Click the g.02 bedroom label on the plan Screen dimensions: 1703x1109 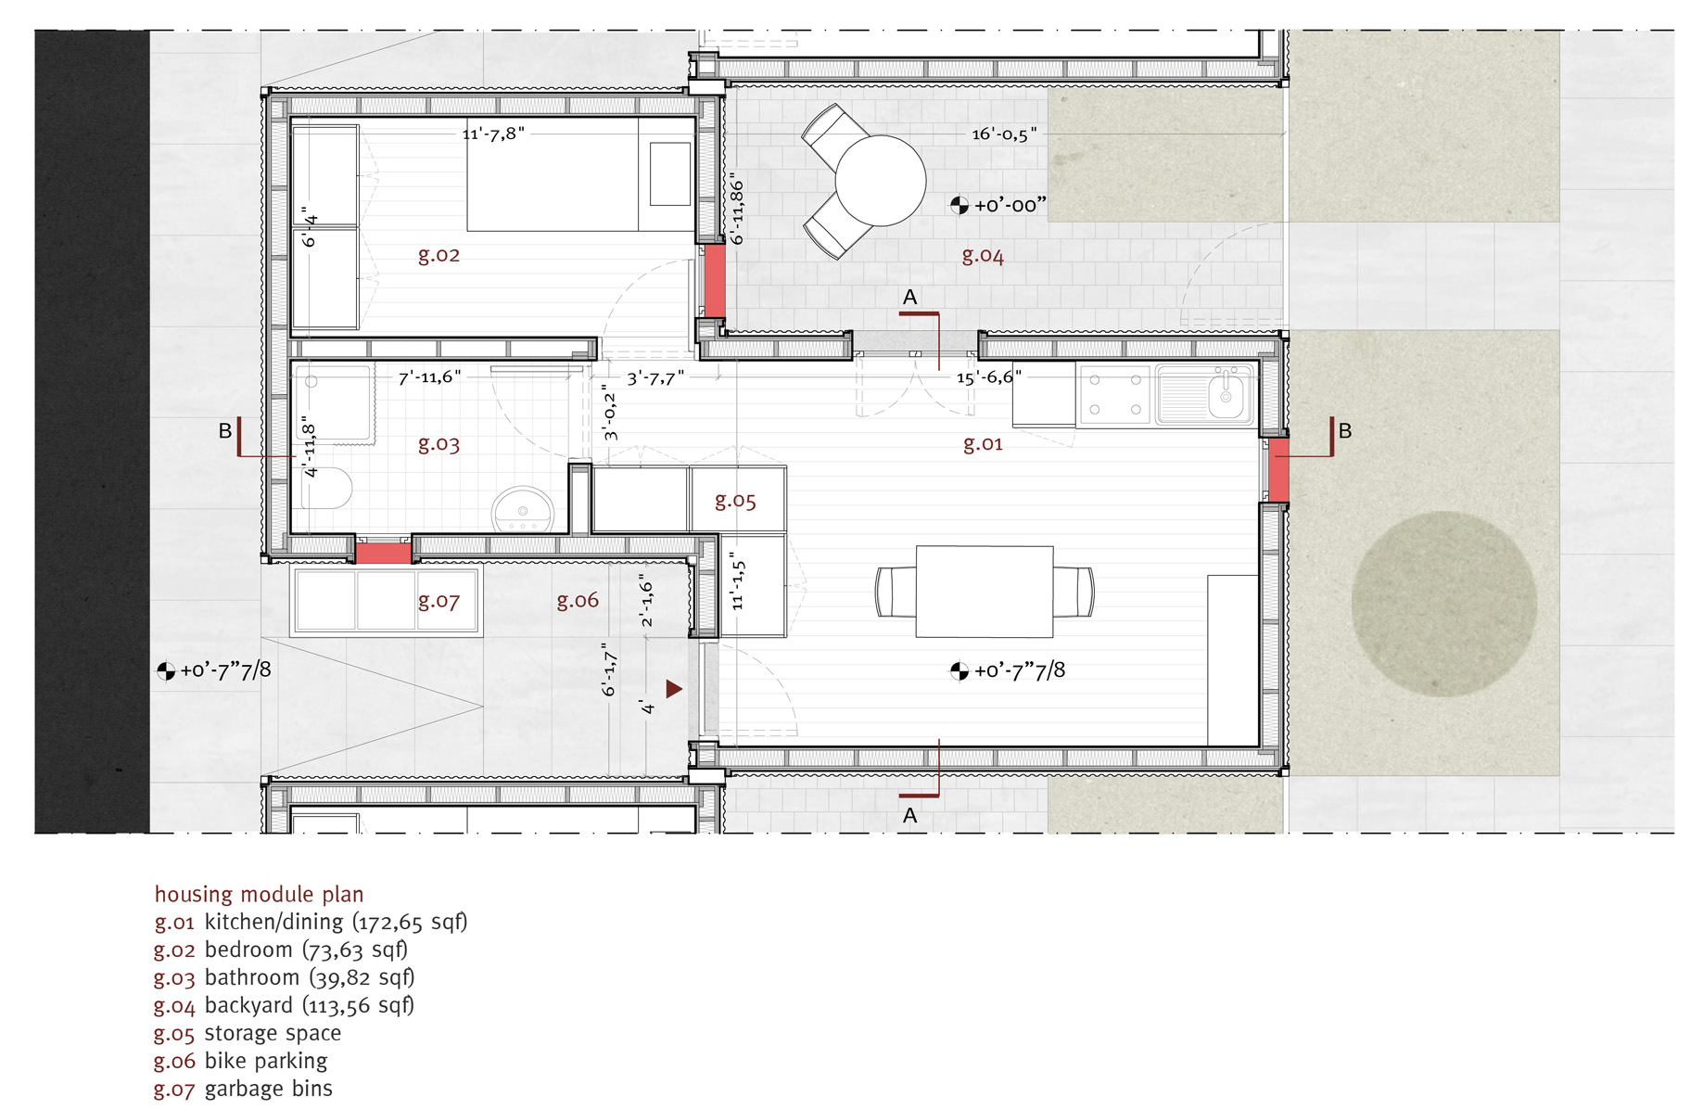click(438, 255)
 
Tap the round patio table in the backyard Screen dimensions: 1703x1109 click(880, 181)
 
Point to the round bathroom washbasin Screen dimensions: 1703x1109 click(523, 509)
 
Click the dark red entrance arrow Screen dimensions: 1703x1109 click(674, 689)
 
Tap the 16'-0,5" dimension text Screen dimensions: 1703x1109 click(1004, 134)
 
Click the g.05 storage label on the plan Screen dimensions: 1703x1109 click(735, 502)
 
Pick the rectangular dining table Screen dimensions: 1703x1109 click(985, 592)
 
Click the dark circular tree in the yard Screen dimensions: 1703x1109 click(1443, 604)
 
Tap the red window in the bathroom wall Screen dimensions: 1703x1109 click(383, 554)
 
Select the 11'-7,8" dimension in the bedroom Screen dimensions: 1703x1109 click(493, 134)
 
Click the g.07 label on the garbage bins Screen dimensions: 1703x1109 click(438, 601)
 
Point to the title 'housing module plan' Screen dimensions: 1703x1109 click(259, 894)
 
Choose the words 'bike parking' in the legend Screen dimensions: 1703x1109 click(266, 1061)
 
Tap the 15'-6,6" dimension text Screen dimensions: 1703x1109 click(989, 377)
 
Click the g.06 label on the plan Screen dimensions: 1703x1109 click(578, 601)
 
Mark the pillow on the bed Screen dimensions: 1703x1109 click(670, 174)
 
